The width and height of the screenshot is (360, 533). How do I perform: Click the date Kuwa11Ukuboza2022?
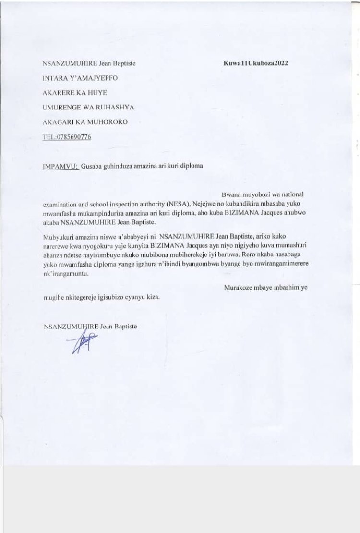point(255,63)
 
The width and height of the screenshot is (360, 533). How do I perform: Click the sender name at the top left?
point(89,63)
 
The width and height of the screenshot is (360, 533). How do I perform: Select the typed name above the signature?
point(90,326)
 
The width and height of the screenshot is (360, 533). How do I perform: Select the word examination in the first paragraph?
point(61,204)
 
